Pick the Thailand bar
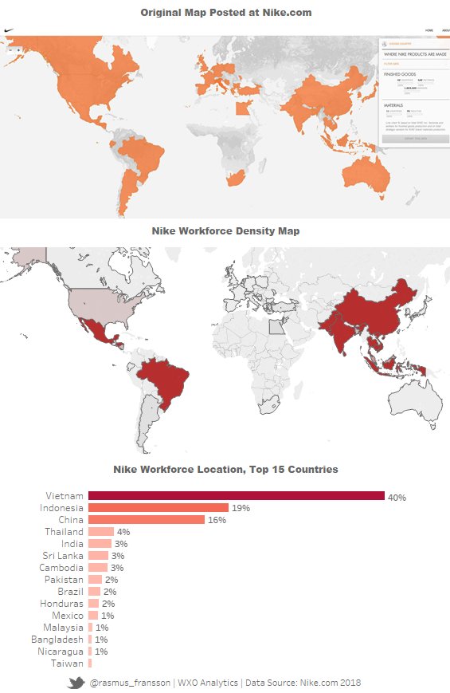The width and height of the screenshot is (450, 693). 100,532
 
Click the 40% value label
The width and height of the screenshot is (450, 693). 397,497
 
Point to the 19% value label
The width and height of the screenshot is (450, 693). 241,508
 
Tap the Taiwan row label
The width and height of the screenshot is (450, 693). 67,663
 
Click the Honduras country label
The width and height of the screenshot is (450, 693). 61,604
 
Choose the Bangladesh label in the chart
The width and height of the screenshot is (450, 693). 57,640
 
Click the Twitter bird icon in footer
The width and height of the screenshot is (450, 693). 76,683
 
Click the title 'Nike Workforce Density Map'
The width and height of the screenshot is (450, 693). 225,231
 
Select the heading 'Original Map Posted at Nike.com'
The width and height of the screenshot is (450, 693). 225,13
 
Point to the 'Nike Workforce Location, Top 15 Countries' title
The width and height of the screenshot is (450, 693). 225,469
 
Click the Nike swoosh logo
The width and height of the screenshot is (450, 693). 9,30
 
